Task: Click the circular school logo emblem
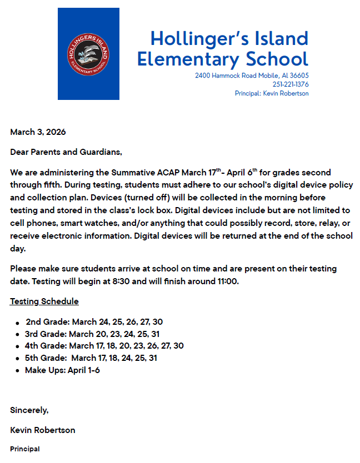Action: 88,54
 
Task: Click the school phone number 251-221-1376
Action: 291,84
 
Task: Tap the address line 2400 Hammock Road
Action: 252,76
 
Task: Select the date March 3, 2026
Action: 38,132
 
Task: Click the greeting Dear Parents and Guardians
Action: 66,152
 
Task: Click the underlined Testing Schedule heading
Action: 44,301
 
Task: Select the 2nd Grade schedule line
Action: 94,322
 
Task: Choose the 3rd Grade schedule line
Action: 92,334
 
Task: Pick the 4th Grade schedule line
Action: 104,346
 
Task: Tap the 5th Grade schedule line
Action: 91,358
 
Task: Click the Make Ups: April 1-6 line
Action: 62,370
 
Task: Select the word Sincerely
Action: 29,410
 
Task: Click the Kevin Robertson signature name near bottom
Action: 43,430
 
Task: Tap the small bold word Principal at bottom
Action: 25,449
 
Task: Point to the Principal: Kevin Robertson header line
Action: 272,93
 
